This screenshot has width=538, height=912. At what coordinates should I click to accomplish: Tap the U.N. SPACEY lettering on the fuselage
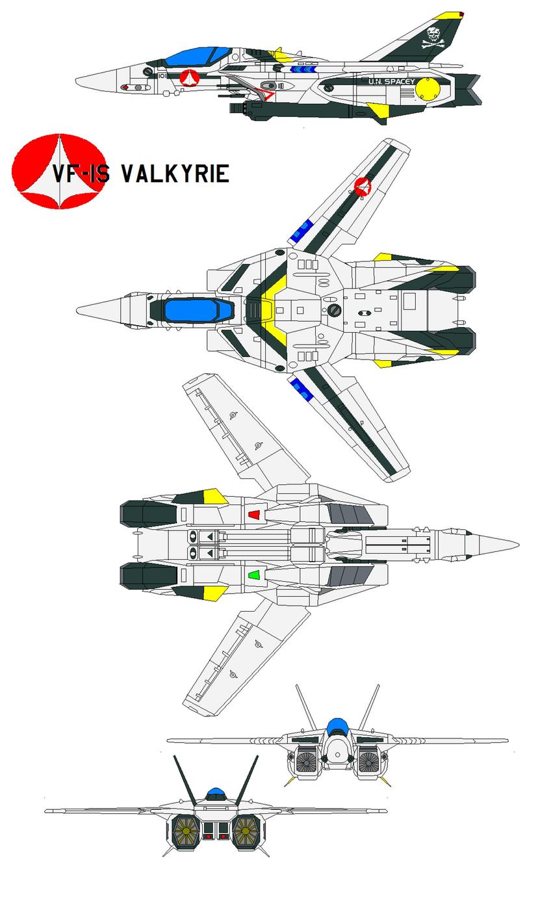tap(391, 82)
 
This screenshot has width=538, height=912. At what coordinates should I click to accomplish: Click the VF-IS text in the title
tap(81, 174)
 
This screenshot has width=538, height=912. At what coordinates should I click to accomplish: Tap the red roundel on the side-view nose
tap(188, 78)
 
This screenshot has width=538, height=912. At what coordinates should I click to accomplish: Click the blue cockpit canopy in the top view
tap(190, 310)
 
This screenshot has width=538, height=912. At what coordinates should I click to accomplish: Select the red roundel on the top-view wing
tap(363, 188)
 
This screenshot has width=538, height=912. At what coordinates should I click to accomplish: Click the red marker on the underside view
tap(254, 515)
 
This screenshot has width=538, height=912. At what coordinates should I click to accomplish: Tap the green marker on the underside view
tap(254, 575)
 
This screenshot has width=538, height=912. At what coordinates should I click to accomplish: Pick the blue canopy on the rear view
tap(216, 794)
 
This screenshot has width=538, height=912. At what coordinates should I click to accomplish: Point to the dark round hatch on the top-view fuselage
tap(334, 310)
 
